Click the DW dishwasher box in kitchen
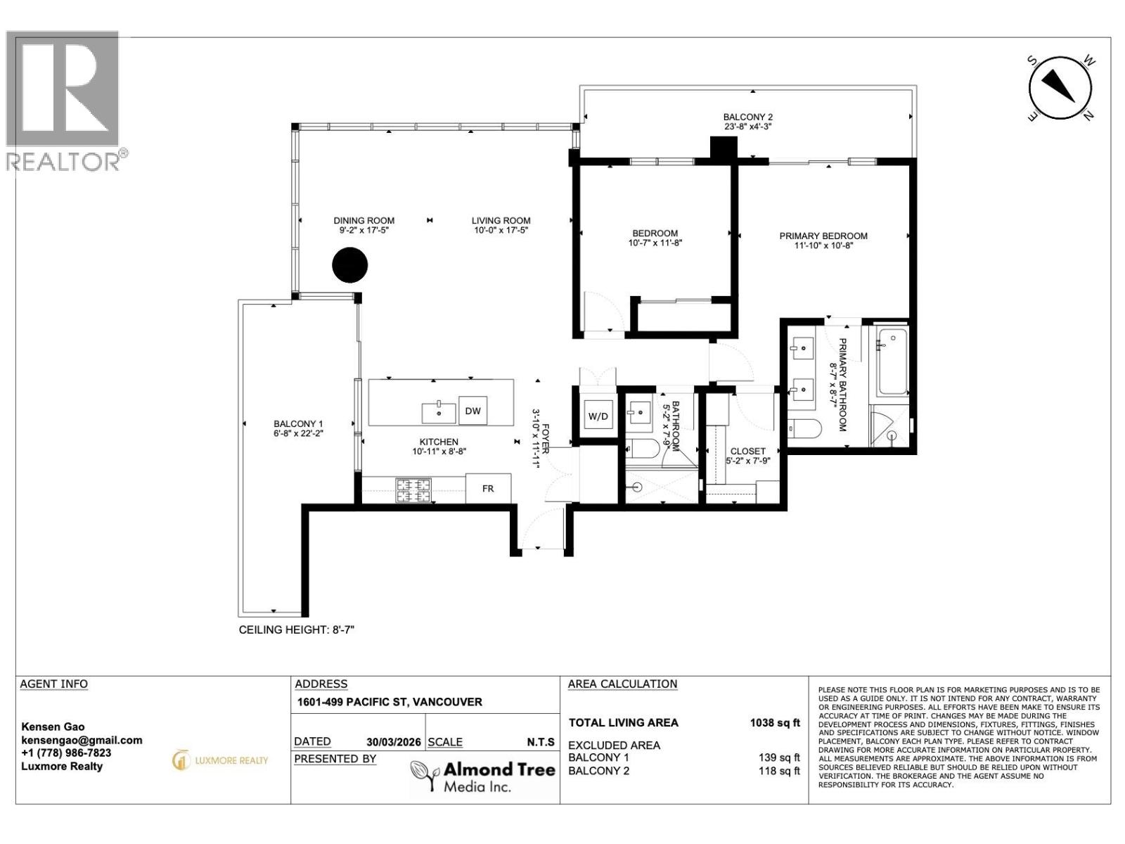(472, 411)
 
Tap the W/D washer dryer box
(598, 416)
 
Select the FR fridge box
(488, 488)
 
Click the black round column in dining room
(349, 265)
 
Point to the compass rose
(1060, 89)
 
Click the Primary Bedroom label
(823, 236)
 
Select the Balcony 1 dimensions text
(298, 434)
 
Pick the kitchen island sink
(439, 410)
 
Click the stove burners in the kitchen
(413, 490)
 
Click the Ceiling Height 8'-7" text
(296, 630)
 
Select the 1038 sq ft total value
(775, 722)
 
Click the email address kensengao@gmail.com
(82, 740)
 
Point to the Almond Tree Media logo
(482, 776)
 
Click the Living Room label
(501, 220)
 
